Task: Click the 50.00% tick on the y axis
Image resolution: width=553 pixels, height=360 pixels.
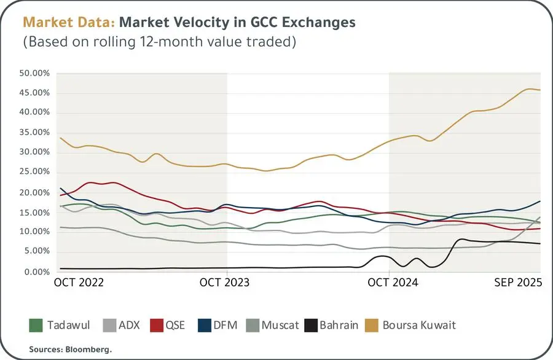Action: click(x=34, y=73)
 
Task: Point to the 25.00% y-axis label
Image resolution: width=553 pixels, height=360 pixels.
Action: click(x=34, y=173)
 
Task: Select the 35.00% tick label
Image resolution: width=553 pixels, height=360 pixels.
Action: click(x=34, y=133)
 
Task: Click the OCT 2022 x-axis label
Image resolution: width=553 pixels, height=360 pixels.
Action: click(x=79, y=283)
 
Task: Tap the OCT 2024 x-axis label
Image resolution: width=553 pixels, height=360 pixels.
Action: click(x=393, y=283)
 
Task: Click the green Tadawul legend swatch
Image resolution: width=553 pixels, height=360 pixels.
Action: click(x=36, y=325)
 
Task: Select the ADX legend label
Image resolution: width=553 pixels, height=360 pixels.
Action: click(x=129, y=325)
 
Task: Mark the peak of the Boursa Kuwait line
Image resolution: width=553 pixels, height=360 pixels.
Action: click(x=530, y=88)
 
